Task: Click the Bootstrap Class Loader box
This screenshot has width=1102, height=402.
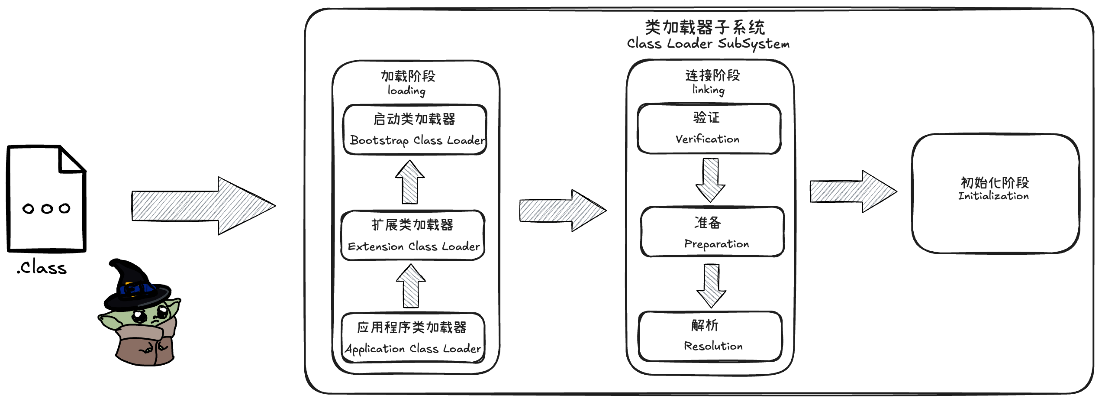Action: (x=415, y=130)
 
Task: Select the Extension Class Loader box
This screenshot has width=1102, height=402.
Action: (x=413, y=235)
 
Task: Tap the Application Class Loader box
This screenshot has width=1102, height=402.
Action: (x=413, y=338)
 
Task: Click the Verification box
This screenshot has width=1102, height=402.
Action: (x=709, y=129)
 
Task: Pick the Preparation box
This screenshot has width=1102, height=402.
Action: (x=712, y=232)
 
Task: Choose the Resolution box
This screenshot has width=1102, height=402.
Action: (x=710, y=336)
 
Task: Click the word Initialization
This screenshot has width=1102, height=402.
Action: (x=993, y=196)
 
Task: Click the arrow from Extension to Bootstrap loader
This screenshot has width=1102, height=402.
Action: (x=410, y=182)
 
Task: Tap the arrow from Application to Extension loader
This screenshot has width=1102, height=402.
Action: (x=411, y=286)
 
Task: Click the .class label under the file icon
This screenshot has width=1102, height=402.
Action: (x=42, y=268)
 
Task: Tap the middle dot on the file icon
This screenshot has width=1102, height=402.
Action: (x=47, y=209)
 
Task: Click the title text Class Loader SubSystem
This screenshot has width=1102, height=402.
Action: (x=708, y=44)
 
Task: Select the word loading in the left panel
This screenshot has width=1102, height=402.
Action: (x=406, y=91)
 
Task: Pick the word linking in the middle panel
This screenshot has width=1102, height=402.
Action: (x=708, y=90)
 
